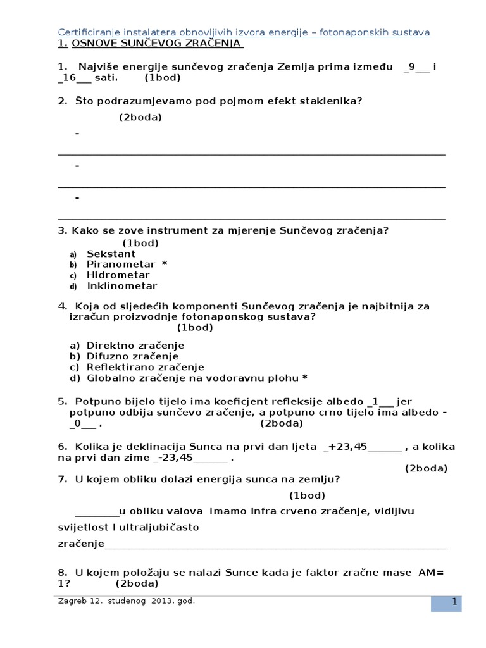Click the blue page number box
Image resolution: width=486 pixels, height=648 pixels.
[446, 602]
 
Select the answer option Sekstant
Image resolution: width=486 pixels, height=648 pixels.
[111, 254]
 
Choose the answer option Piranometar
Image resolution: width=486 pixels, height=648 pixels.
[120, 264]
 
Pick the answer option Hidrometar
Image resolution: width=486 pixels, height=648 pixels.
[118, 275]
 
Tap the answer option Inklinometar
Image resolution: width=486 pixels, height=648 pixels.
[121, 285]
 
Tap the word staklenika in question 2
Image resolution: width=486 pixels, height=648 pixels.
[336, 101]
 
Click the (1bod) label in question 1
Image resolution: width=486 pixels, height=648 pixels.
[162, 78]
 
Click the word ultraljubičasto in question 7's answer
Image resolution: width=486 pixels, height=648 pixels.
[167, 527]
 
